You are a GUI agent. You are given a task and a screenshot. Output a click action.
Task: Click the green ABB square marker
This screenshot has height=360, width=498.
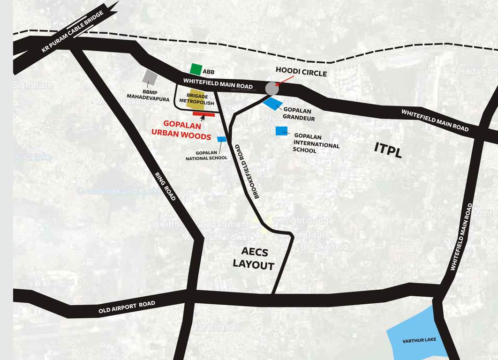196,69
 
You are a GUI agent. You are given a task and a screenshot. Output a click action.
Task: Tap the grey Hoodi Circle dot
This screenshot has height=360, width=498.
272,88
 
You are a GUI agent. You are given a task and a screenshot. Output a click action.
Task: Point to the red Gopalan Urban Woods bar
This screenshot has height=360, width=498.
204,114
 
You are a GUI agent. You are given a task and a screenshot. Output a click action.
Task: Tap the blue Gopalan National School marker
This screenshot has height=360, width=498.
222,139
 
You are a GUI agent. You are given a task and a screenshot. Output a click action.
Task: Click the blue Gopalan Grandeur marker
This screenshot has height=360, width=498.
272,104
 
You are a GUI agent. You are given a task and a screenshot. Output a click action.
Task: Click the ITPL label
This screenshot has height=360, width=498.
388,150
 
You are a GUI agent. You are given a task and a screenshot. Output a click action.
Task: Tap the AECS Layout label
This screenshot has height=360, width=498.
254,259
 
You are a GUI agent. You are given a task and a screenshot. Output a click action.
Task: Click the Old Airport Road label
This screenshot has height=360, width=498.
127,307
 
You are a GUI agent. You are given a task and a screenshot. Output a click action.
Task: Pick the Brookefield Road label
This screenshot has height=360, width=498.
250,171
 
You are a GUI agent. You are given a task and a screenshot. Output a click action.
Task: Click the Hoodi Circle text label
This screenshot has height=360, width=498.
301,73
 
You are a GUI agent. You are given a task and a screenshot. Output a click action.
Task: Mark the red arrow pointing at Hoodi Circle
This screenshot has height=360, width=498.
284,81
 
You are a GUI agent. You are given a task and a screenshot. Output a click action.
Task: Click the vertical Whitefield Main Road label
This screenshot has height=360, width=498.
461,237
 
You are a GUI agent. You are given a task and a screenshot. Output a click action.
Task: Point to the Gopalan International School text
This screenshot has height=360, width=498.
316,142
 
